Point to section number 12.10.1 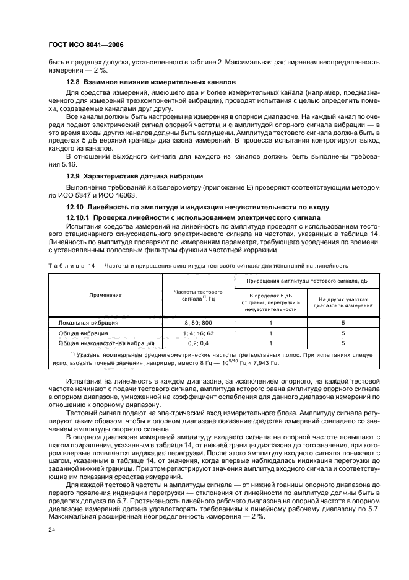tap(78, 217)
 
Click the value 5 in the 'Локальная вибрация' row tap(343, 322)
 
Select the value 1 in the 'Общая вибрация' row tap(271, 332)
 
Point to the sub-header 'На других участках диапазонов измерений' tap(343, 302)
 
